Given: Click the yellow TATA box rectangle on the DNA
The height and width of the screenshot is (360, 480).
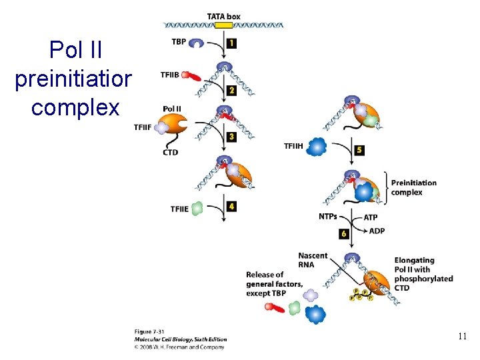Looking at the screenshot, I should (224, 25).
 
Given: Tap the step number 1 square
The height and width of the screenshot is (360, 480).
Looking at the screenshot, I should (231, 43).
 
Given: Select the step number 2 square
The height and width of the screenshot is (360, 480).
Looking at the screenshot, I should (231, 89).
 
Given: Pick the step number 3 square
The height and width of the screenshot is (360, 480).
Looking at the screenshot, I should (231, 137).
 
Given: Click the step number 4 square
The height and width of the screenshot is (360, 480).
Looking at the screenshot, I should (231, 207).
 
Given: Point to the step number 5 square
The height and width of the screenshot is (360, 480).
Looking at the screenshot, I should (359, 150).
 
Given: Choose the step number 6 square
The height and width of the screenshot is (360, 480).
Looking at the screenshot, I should (344, 234).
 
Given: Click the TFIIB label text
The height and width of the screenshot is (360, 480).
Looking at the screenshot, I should (170, 75).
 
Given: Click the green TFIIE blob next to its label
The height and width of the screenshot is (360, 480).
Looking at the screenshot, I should (197, 209).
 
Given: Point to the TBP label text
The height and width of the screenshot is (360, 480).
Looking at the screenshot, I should (179, 41).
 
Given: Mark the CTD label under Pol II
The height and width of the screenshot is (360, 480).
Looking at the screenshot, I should (171, 153).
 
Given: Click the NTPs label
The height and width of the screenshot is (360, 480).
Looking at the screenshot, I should (328, 216).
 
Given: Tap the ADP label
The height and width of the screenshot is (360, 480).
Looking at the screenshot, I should (377, 231).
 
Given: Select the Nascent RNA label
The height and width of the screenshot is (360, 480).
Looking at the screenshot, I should (313, 260).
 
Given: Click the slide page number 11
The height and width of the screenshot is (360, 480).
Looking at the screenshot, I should (463, 337).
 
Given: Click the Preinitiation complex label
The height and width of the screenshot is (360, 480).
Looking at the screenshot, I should (413, 187).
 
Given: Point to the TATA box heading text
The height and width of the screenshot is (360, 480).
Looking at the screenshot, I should (223, 16).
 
